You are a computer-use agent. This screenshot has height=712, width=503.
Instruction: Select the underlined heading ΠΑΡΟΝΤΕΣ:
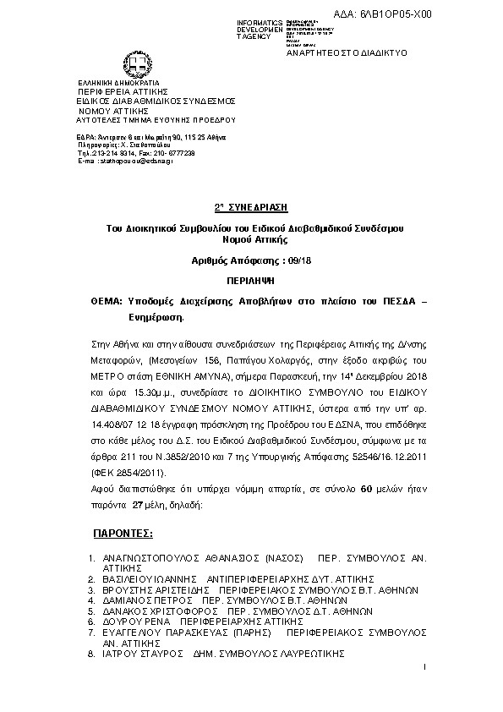pyautogui.click(x=121, y=534)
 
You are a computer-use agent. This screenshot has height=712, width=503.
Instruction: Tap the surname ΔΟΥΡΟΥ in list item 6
pyautogui.click(x=123, y=620)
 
